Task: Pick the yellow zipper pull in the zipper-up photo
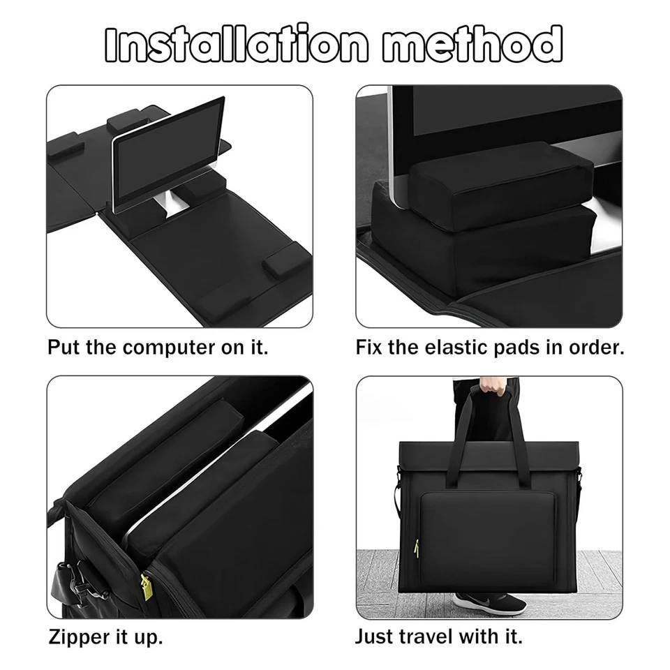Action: (x=147, y=583)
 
